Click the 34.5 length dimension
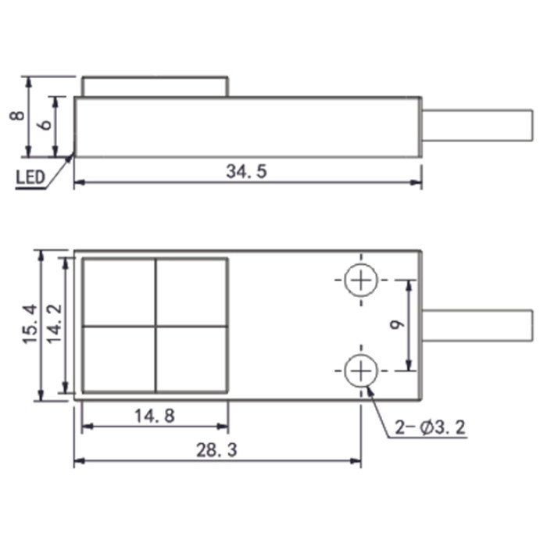[246, 171]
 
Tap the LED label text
[30, 177]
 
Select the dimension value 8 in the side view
[17, 116]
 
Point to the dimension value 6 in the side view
[45, 124]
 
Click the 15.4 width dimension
[30, 324]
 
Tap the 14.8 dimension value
[155, 416]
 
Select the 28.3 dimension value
[216, 450]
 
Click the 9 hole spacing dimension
[397, 325]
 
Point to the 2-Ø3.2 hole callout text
[430, 427]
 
